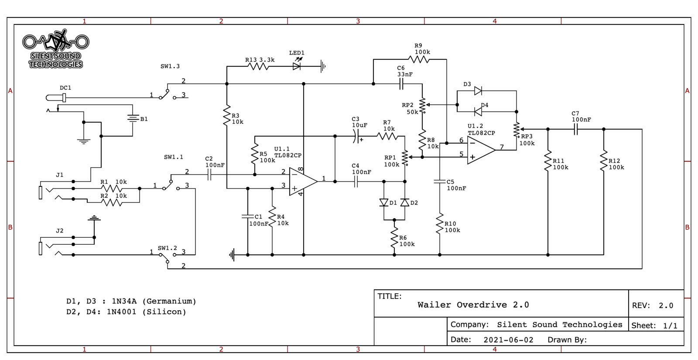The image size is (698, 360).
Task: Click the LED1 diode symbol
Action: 297,66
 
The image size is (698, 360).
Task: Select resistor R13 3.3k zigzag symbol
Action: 258,66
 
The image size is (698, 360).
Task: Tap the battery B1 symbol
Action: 133,118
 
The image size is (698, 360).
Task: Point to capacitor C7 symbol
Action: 576,129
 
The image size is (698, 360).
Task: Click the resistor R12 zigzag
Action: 604,161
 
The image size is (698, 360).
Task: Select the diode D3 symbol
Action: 478,91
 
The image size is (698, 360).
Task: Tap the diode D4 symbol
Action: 478,112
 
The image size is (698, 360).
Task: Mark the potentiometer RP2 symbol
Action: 422,105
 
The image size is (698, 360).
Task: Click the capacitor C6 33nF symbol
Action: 401,84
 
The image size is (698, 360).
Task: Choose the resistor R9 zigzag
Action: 419,59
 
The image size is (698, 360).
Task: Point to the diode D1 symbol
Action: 384,202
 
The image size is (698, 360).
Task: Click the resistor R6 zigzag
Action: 394,238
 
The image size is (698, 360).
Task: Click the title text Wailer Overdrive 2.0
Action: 473,305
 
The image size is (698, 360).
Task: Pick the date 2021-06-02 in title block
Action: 508,340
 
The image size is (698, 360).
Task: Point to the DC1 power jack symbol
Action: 57,98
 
